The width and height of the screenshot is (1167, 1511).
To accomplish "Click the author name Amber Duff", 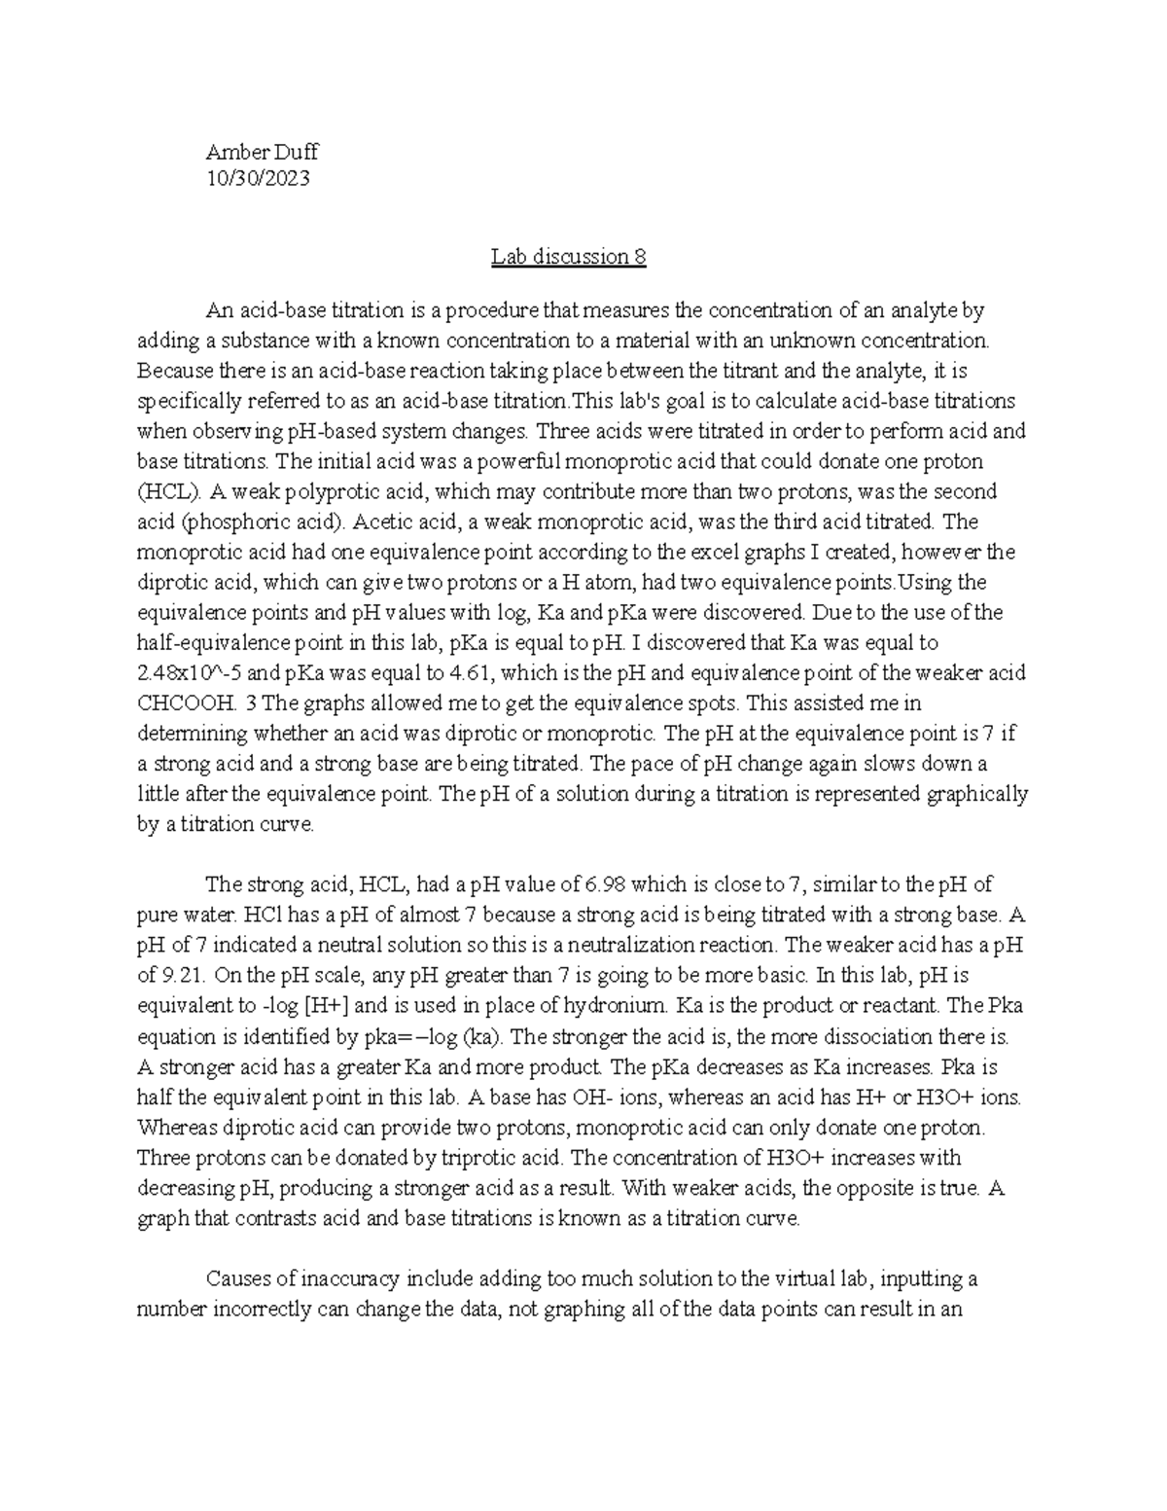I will (262, 152).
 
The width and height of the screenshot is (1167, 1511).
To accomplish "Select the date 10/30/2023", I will (258, 178).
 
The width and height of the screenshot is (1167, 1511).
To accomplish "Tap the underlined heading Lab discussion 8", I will (568, 257).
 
